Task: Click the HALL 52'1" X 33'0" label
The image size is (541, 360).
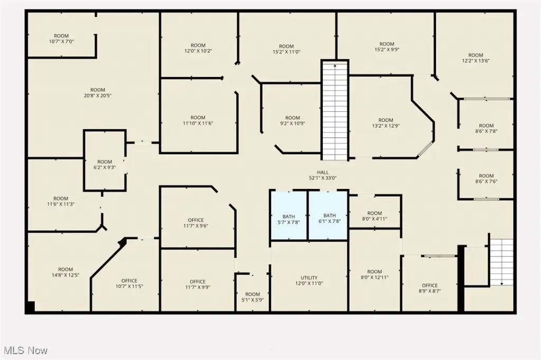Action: pyautogui.click(x=323, y=175)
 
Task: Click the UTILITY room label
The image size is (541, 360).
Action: pyautogui.click(x=309, y=281)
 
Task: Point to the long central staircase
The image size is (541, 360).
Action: pyautogui.click(x=334, y=110)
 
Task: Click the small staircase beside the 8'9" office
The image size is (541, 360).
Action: pyautogui.click(x=502, y=262)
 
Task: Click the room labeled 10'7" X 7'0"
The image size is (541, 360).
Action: pyautogui.click(x=61, y=39)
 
